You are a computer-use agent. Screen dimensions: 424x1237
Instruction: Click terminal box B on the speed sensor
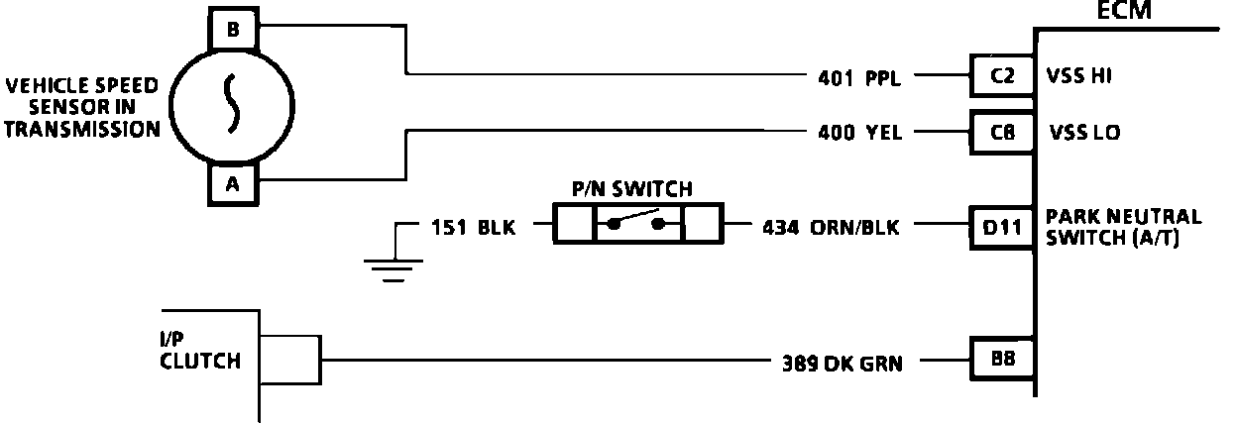pyautogui.click(x=233, y=30)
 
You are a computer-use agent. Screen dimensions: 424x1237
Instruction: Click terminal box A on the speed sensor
pyautogui.click(x=233, y=183)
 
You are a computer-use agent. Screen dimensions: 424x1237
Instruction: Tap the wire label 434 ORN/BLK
pyautogui.click(x=831, y=228)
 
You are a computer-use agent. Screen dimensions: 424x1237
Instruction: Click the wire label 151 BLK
pyautogui.click(x=474, y=228)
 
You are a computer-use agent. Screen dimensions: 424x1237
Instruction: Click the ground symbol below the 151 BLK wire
pyautogui.click(x=394, y=264)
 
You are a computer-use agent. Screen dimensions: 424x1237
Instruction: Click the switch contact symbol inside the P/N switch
pyautogui.click(x=637, y=224)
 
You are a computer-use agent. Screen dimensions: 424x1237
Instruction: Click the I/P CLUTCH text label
pyautogui.click(x=199, y=351)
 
